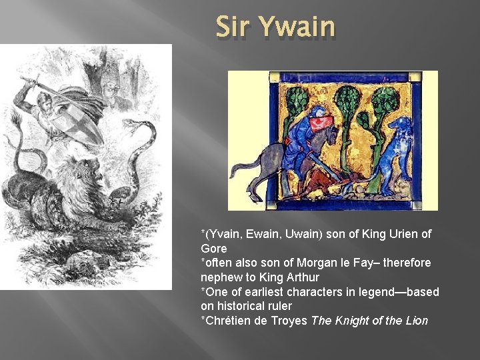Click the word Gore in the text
213,249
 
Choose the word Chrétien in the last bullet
229,321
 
